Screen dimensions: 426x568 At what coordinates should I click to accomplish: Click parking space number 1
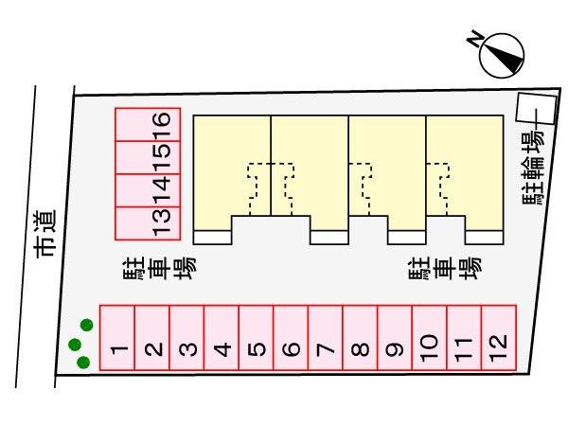117,338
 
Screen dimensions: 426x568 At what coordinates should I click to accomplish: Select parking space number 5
256,338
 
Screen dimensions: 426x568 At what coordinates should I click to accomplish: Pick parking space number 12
499,338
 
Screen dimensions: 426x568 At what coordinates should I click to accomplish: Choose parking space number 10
429,338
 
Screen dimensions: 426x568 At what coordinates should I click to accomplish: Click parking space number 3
186,338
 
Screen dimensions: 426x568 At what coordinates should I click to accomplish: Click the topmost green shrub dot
87,325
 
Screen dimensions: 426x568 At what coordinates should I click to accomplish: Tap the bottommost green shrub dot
83,362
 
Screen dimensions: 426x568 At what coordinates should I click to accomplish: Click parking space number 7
325,338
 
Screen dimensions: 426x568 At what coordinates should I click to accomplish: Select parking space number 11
464,338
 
